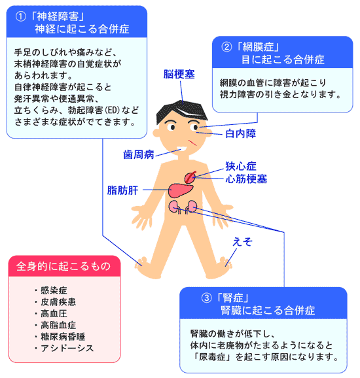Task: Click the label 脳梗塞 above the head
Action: [179, 75]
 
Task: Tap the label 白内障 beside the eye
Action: [241, 133]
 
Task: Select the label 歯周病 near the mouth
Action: [139, 154]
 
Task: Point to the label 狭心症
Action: [241, 166]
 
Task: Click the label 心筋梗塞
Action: [246, 179]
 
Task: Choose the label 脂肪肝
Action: [122, 190]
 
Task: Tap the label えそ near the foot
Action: [242, 242]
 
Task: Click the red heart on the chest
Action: [190, 177]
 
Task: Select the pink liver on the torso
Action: [181, 190]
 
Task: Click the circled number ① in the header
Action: [21, 16]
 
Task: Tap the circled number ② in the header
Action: [226, 47]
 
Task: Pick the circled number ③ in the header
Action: [207, 298]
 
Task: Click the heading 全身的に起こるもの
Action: [63, 266]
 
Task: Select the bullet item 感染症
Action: [54, 290]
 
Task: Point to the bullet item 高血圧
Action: [54, 313]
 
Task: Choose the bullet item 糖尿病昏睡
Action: [62, 337]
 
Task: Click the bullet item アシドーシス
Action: [67, 348]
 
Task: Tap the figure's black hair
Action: [182, 111]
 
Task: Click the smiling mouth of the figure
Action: [182, 148]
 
